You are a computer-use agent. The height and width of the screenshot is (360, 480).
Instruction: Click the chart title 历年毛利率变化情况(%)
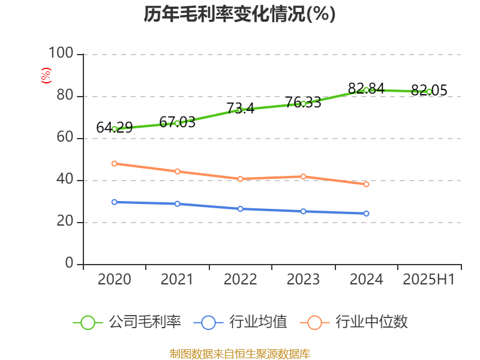(239, 14)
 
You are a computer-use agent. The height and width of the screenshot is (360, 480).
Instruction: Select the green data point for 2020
(115, 129)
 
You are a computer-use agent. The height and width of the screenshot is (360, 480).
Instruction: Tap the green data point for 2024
(366, 90)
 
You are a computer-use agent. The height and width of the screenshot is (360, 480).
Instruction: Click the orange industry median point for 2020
(115, 163)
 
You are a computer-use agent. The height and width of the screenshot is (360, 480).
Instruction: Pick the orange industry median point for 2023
(303, 176)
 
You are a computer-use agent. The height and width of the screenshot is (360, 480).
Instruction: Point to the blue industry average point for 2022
(240, 209)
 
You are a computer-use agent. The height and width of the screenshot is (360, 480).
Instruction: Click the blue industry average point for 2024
(366, 214)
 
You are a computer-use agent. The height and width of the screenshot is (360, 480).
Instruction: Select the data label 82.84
(366, 88)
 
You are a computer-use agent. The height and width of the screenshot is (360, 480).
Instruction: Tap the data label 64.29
(115, 127)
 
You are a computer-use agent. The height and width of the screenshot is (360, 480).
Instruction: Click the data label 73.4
(240, 108)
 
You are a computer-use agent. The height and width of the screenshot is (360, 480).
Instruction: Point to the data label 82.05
(429, 90)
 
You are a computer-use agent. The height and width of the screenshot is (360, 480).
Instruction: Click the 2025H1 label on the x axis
(429, 280)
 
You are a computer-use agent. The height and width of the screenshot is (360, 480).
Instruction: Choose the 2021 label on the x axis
(177, 280)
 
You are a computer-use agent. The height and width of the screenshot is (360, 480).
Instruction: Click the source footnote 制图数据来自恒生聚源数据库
(240, 354)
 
